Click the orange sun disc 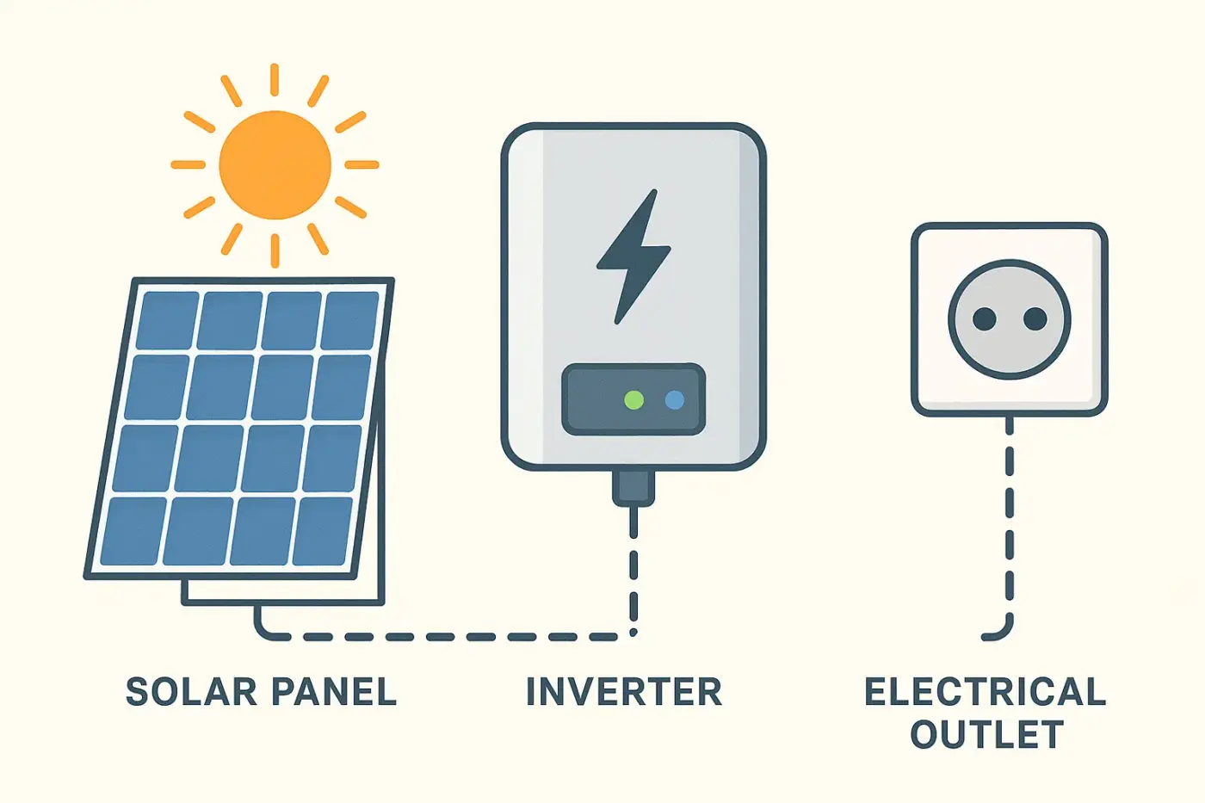point(275,164)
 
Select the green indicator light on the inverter point(633,399)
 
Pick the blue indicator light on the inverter point(675,399)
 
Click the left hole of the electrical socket point(984,320)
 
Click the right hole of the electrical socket point(1035,320)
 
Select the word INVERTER point(624,692)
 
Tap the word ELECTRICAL point(985,692)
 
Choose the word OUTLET point(986,735)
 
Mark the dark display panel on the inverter point(633,399)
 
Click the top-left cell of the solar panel point(169,320)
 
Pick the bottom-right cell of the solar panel point(323,530)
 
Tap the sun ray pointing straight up point(275,79)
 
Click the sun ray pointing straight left point(188,164)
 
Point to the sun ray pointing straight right point(361,164)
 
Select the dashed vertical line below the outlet point(1010,525)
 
